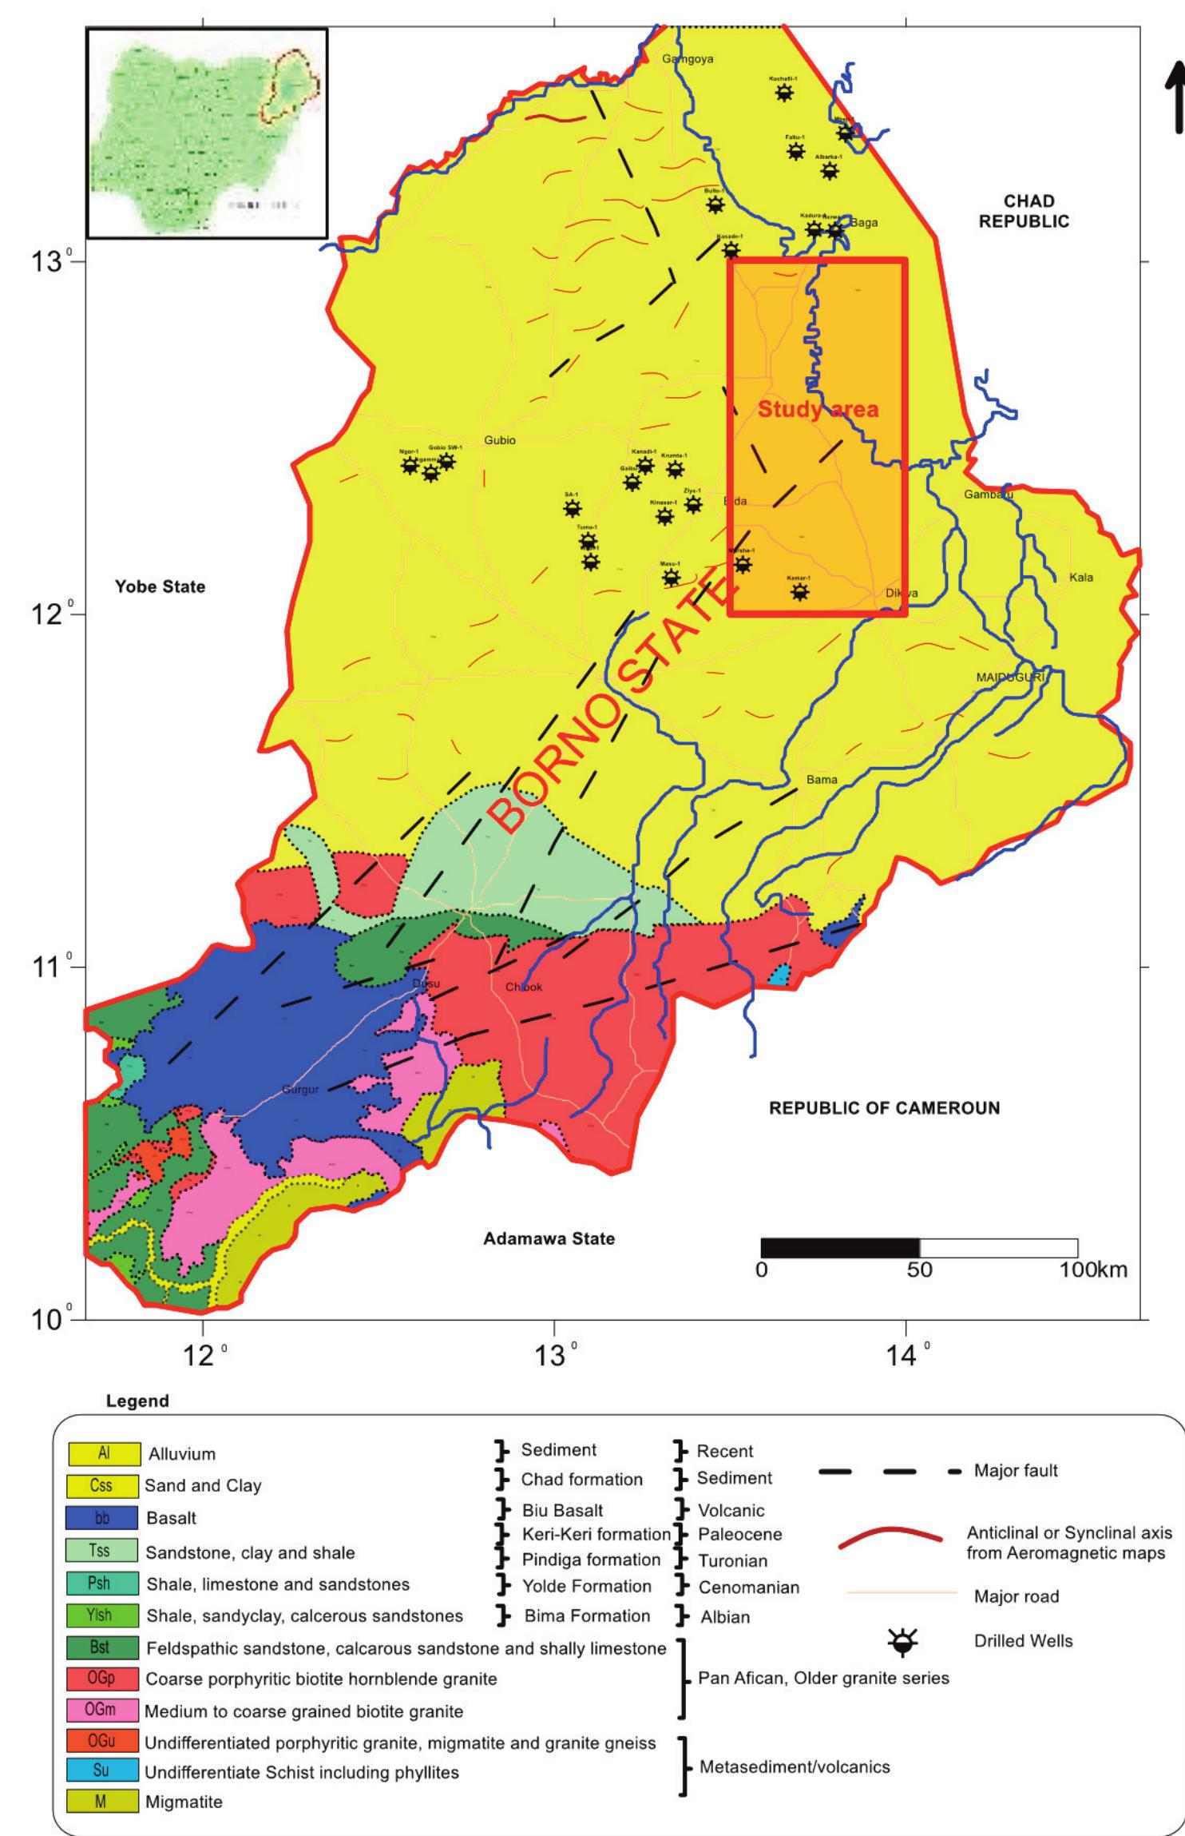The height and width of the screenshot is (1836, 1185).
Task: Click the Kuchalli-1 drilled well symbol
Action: [x=785, y=93]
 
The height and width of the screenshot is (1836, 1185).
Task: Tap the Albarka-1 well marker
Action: [x=830, y=171]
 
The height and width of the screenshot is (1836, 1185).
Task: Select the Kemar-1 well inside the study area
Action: [x=799, y=592]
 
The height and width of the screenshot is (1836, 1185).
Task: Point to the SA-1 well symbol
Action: [x=572, y=509]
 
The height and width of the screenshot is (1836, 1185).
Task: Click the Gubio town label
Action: [x=500, y=441]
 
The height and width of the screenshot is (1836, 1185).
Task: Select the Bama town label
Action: [x=822, y=779]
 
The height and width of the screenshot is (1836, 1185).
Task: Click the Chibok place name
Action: [x=524, y=988]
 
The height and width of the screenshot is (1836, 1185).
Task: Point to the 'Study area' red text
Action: [x=818, y=410]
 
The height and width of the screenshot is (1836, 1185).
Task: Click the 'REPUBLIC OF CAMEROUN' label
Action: [x=884, y=1108]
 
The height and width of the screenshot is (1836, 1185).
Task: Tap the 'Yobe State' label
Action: [x=160, y=587]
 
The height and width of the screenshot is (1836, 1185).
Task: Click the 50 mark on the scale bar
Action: [x=919, y=1271]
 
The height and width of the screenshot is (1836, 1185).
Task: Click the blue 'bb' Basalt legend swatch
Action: [x=103, y=1518]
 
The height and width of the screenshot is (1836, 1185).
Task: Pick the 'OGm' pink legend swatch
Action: [x=103, y=1711]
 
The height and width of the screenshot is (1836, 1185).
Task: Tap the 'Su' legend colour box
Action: [x=103, y=1770]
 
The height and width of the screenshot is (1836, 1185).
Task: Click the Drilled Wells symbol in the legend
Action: [x=903, y=1642]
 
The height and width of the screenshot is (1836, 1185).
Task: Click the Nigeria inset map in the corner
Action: [x=207, y=133]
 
